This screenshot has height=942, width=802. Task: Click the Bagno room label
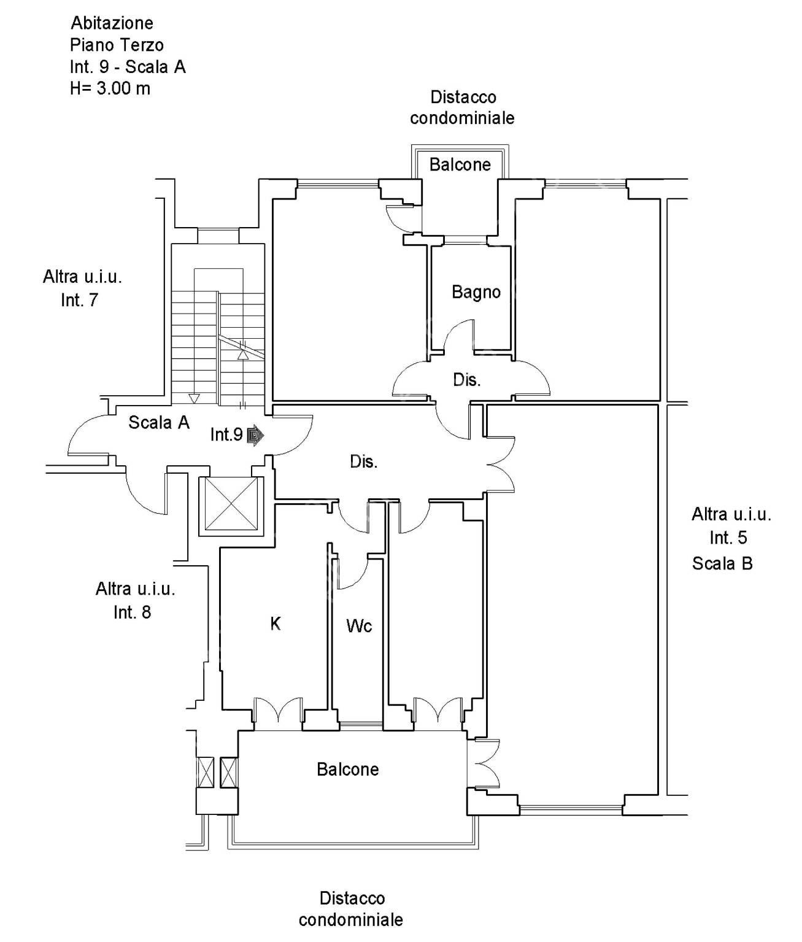476,292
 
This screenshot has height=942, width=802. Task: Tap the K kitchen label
276,623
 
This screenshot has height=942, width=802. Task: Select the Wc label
359,626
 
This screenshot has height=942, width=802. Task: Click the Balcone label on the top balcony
460,164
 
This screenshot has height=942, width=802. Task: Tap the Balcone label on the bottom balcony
348,770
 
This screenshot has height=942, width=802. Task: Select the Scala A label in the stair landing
158,422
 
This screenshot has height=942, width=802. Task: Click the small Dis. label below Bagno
466,380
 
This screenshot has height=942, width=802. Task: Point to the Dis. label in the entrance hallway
364,461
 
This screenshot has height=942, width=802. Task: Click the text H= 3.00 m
110,88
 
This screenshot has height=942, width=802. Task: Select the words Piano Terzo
117,45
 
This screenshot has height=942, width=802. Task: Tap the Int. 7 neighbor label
79,300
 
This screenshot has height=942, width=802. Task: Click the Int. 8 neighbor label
132,612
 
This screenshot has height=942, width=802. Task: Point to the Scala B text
722,563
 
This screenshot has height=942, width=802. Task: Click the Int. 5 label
728,538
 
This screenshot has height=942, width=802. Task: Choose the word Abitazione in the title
112,23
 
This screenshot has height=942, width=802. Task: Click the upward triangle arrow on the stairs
243,355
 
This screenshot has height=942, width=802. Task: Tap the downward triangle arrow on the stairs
194,399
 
